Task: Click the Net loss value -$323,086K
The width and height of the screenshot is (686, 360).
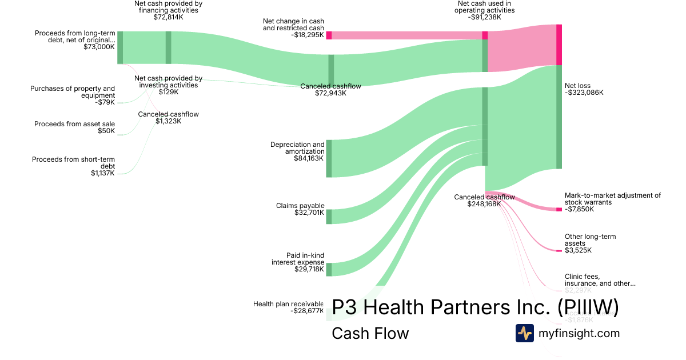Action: [584, 93]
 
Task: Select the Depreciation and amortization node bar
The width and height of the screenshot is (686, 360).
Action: [329, 158]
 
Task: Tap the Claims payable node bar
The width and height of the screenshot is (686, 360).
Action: [329, 217]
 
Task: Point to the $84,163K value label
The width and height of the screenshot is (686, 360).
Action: [309, 158]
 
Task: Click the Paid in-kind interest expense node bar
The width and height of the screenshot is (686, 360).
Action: [329, 269]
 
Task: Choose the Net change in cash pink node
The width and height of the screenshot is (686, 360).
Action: [329, 35]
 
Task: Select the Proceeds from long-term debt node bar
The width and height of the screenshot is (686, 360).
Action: [120, 47]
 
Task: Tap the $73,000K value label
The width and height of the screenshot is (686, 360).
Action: [99, 47]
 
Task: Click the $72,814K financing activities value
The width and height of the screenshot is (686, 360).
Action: [169, 17]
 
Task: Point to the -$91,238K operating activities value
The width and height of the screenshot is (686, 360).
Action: [484, 17]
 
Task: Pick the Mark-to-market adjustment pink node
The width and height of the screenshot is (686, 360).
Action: [559, 210]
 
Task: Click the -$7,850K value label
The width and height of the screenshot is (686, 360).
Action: [579, 209]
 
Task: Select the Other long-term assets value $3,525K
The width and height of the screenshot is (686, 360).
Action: [578, 250]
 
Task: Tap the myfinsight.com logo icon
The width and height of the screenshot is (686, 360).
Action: [524, 333]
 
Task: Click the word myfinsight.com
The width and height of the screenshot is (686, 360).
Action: [579, 333]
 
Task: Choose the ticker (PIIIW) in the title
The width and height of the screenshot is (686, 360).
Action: [588, 308]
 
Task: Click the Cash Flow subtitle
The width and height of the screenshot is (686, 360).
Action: [370, 333]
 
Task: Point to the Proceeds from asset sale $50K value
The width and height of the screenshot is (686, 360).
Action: [106, 131]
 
